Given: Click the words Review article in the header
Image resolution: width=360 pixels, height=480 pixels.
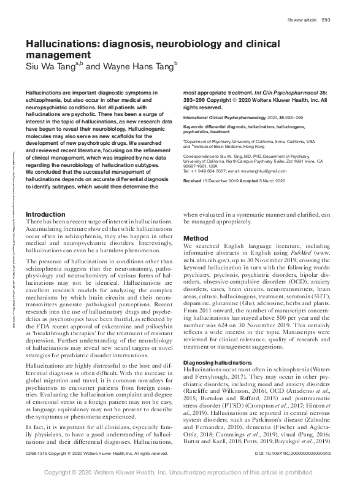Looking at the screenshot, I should point(302,20).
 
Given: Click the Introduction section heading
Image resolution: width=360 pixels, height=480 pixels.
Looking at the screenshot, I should point(45,214).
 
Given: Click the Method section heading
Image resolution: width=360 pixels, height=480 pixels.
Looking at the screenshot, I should point(196,238).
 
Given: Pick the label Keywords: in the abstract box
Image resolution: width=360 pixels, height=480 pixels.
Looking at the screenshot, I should point(195,126).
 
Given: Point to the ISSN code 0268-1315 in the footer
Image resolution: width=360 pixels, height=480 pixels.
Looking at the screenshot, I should point(37,454).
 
